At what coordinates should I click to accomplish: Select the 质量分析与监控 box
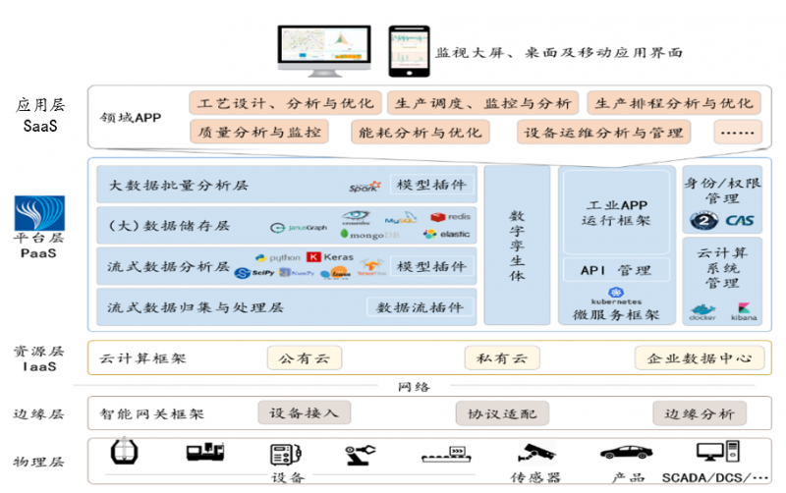coord(258,132)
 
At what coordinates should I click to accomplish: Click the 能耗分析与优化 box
coord(420,132)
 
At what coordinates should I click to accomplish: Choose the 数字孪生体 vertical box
coord(517,245)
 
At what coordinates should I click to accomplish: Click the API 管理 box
coord(616,270)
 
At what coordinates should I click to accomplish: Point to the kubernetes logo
coord(616,297)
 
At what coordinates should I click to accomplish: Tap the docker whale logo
coord(702,310)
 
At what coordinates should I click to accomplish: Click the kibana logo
coord(745,310)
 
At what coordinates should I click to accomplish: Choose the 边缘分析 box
coord(700,413)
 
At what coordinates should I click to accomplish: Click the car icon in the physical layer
coord(626,453)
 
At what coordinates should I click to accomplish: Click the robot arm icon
coord(360,454)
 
